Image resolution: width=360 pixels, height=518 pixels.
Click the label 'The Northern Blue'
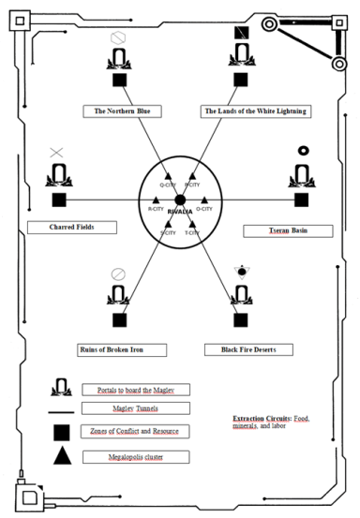pos(122,111)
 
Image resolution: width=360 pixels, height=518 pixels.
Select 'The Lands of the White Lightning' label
pos(253,111)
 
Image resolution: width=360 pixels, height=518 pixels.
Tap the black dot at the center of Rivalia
pos(180,200)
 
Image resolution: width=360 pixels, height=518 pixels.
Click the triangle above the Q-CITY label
pos(169,176)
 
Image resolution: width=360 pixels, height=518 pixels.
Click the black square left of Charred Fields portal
pos(59,200)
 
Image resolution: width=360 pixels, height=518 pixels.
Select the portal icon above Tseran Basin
pos(301,175)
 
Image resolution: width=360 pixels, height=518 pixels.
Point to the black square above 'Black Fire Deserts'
pos(241,320)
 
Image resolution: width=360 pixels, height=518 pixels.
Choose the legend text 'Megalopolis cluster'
pos(132,457)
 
